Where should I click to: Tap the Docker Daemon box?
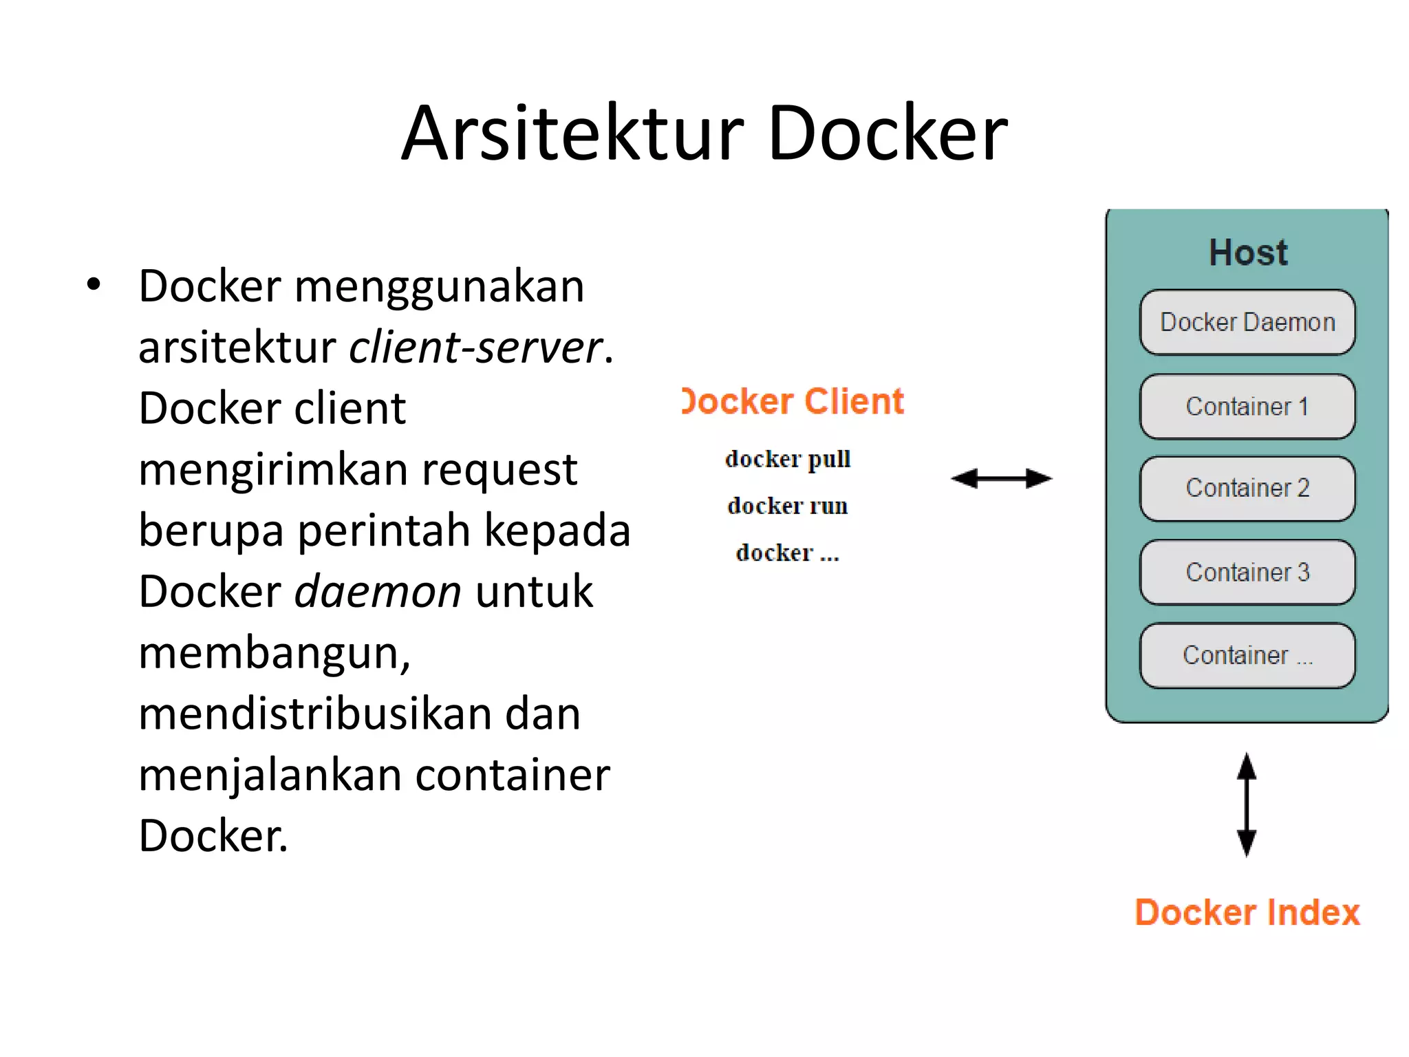1247,322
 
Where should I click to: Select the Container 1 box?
1247,407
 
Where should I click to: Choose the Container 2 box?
1247,489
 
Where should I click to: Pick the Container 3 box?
1247,573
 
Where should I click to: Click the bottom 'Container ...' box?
1247,656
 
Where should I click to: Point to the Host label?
1248,253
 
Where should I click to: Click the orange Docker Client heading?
793,401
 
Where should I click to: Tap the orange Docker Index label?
1247,912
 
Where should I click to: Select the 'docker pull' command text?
788,459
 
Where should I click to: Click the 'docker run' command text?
788,506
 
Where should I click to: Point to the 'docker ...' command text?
788,553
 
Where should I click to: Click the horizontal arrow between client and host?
1001,478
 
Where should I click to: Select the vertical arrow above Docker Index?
1247,804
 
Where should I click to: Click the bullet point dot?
94,284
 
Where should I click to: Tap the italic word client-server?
476,347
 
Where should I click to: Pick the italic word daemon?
378,592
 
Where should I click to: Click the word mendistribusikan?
314,714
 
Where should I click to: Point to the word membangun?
274,653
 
